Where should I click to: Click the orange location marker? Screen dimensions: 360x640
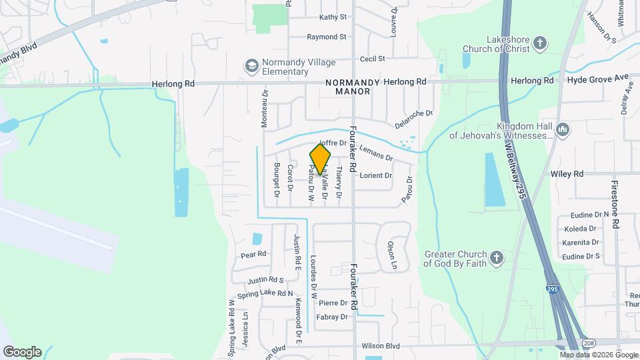pos(320,159)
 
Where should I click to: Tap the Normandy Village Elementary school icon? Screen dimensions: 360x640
pos(251,65)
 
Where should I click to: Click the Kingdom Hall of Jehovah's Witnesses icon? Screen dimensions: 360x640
pos(561,129)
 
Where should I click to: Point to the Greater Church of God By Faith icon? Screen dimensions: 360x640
pos(496,258)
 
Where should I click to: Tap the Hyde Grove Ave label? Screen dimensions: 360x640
pos(598,79)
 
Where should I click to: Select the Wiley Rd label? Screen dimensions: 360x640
pos(567,173)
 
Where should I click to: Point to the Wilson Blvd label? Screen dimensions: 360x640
pos(380,346)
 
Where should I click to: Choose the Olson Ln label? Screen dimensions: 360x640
pos(392,255)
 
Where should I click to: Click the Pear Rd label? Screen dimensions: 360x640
pos(253,254)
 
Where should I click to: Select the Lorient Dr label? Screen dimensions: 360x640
pos(375,176)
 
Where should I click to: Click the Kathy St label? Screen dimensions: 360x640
pos(333,17)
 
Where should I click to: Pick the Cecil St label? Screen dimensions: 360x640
pos(372,59)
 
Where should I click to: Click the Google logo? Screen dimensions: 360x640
pos(22,351)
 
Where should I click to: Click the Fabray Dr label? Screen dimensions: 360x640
pos(332,317)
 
